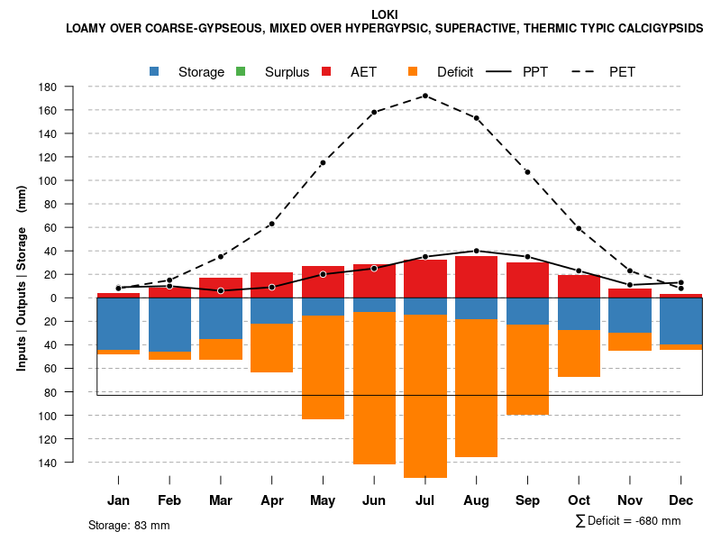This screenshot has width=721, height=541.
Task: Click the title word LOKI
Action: tap(384, 14)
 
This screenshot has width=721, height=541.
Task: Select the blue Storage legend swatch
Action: tap(155, 71)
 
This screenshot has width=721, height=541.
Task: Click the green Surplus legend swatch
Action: tap(242, 71)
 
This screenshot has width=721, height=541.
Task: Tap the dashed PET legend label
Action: tap(628, 71)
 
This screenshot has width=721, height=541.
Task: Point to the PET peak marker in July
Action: tap(425, 96)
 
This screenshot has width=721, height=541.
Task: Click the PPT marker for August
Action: tap(477, 251)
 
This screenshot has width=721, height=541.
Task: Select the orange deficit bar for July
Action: tap(425, 396)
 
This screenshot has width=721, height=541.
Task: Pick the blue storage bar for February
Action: tap(169, 325)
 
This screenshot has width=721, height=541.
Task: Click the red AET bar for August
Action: tap(477, 277)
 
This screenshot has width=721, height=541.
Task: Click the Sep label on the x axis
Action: tap(528, 500)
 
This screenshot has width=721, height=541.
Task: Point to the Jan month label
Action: tap(118, 500)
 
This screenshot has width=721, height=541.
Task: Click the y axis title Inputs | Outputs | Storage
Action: tap(22, 278)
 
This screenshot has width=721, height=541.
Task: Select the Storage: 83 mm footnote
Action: tap(129, 525)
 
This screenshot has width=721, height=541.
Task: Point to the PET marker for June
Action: tap(374, 113)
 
